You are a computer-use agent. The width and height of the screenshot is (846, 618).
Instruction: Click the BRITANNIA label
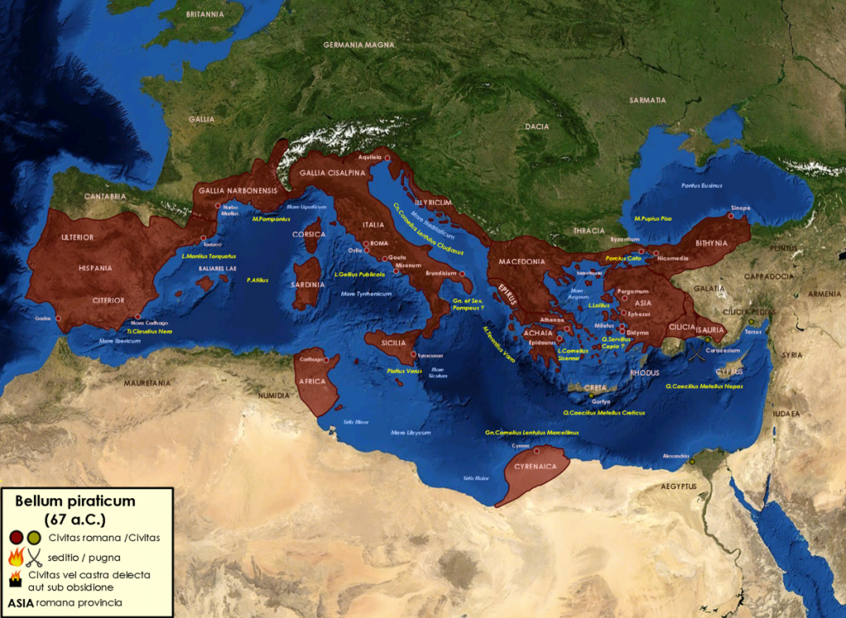(x=205, y=15)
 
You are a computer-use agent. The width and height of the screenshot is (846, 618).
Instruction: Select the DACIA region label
(x=537, y=126)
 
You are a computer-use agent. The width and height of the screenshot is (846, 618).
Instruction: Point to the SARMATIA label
(x=648, y=100)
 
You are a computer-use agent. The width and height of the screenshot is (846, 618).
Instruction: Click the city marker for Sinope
(x=730, y=216)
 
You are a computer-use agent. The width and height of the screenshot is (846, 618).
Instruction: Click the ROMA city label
(x=379, y=244)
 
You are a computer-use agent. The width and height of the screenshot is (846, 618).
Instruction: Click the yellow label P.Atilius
(x=258, y=280)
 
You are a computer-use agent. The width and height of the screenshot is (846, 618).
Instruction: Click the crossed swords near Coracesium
(x=698, y=356)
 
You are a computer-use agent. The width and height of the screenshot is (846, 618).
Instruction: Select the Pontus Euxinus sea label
(x=702, y=185)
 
